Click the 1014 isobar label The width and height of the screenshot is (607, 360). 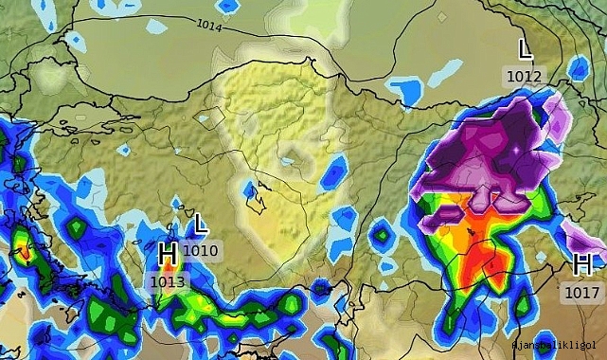click(209, 27)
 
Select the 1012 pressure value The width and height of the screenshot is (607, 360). click(524, 76)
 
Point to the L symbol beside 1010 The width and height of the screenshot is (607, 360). click(200, 225)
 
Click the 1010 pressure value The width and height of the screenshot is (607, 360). click(201, 251)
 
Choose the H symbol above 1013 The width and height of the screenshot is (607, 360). click(168, 254)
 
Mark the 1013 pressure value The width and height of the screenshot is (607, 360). click(169, 280)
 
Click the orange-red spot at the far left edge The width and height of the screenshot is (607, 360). click(21, 251)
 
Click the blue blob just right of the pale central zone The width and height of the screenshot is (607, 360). click(333, 173)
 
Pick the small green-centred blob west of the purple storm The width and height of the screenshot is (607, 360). click(381, 232)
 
